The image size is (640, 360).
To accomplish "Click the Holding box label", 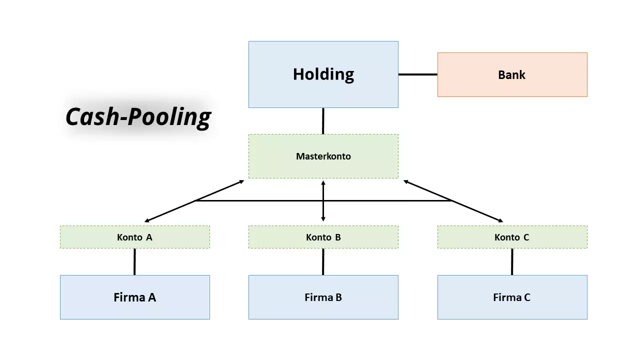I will click(323, 74).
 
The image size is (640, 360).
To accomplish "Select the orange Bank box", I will click(512, 75).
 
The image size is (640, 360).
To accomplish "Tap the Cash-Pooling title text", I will click(138, 117).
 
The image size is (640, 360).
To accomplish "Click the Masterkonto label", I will click(323, 156).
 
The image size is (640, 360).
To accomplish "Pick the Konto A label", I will click(134, 237).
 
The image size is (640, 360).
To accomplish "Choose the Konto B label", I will click(323, 237).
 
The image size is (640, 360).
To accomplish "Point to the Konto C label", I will click(511, 237).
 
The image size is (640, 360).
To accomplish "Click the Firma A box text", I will click(134, 297).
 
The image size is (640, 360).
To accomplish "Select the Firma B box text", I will click(323, 297).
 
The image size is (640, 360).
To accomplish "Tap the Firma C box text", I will click(511, 297).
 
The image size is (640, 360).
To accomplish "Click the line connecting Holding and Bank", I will click(417, 74).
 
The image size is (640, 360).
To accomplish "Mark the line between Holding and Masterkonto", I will click(323, 121).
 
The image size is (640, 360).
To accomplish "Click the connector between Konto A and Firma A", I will click(134, 261).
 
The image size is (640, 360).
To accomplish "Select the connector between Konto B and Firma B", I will click(323, 261).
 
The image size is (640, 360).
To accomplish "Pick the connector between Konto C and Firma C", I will click(512, 261).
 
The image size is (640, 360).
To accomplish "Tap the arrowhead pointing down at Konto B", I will click(323, 218).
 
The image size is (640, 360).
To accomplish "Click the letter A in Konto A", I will click(149, 237).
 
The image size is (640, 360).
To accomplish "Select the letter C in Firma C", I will click(527, 297).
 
